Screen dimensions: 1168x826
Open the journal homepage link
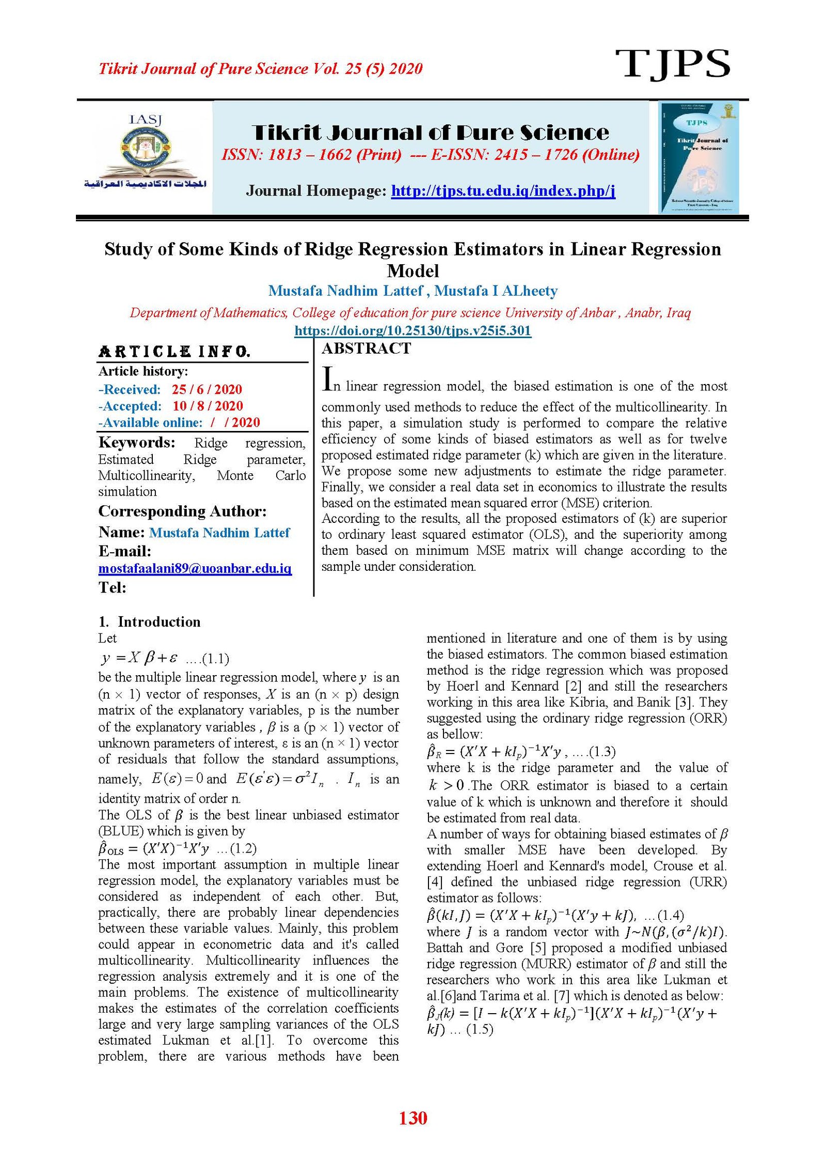tap(503, 191)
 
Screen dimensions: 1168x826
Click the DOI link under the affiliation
tap(412, 330)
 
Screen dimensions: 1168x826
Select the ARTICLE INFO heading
tap(174, 351)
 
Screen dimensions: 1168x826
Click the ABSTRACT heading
tap(366, 348)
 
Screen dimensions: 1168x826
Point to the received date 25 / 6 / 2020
tap(206, 389)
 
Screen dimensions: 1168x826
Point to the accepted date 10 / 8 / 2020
tap(208, 406)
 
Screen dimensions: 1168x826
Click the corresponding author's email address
tap(195, 568)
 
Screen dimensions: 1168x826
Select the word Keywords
tap(137, 442)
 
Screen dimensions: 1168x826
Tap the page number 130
tap(412, 1117)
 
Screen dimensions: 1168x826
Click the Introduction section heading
tap(158, 621)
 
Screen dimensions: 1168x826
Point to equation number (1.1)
tap(215, 659)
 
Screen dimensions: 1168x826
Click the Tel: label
tap(113, 587)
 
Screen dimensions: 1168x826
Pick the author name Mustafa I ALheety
tap(496, 291)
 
